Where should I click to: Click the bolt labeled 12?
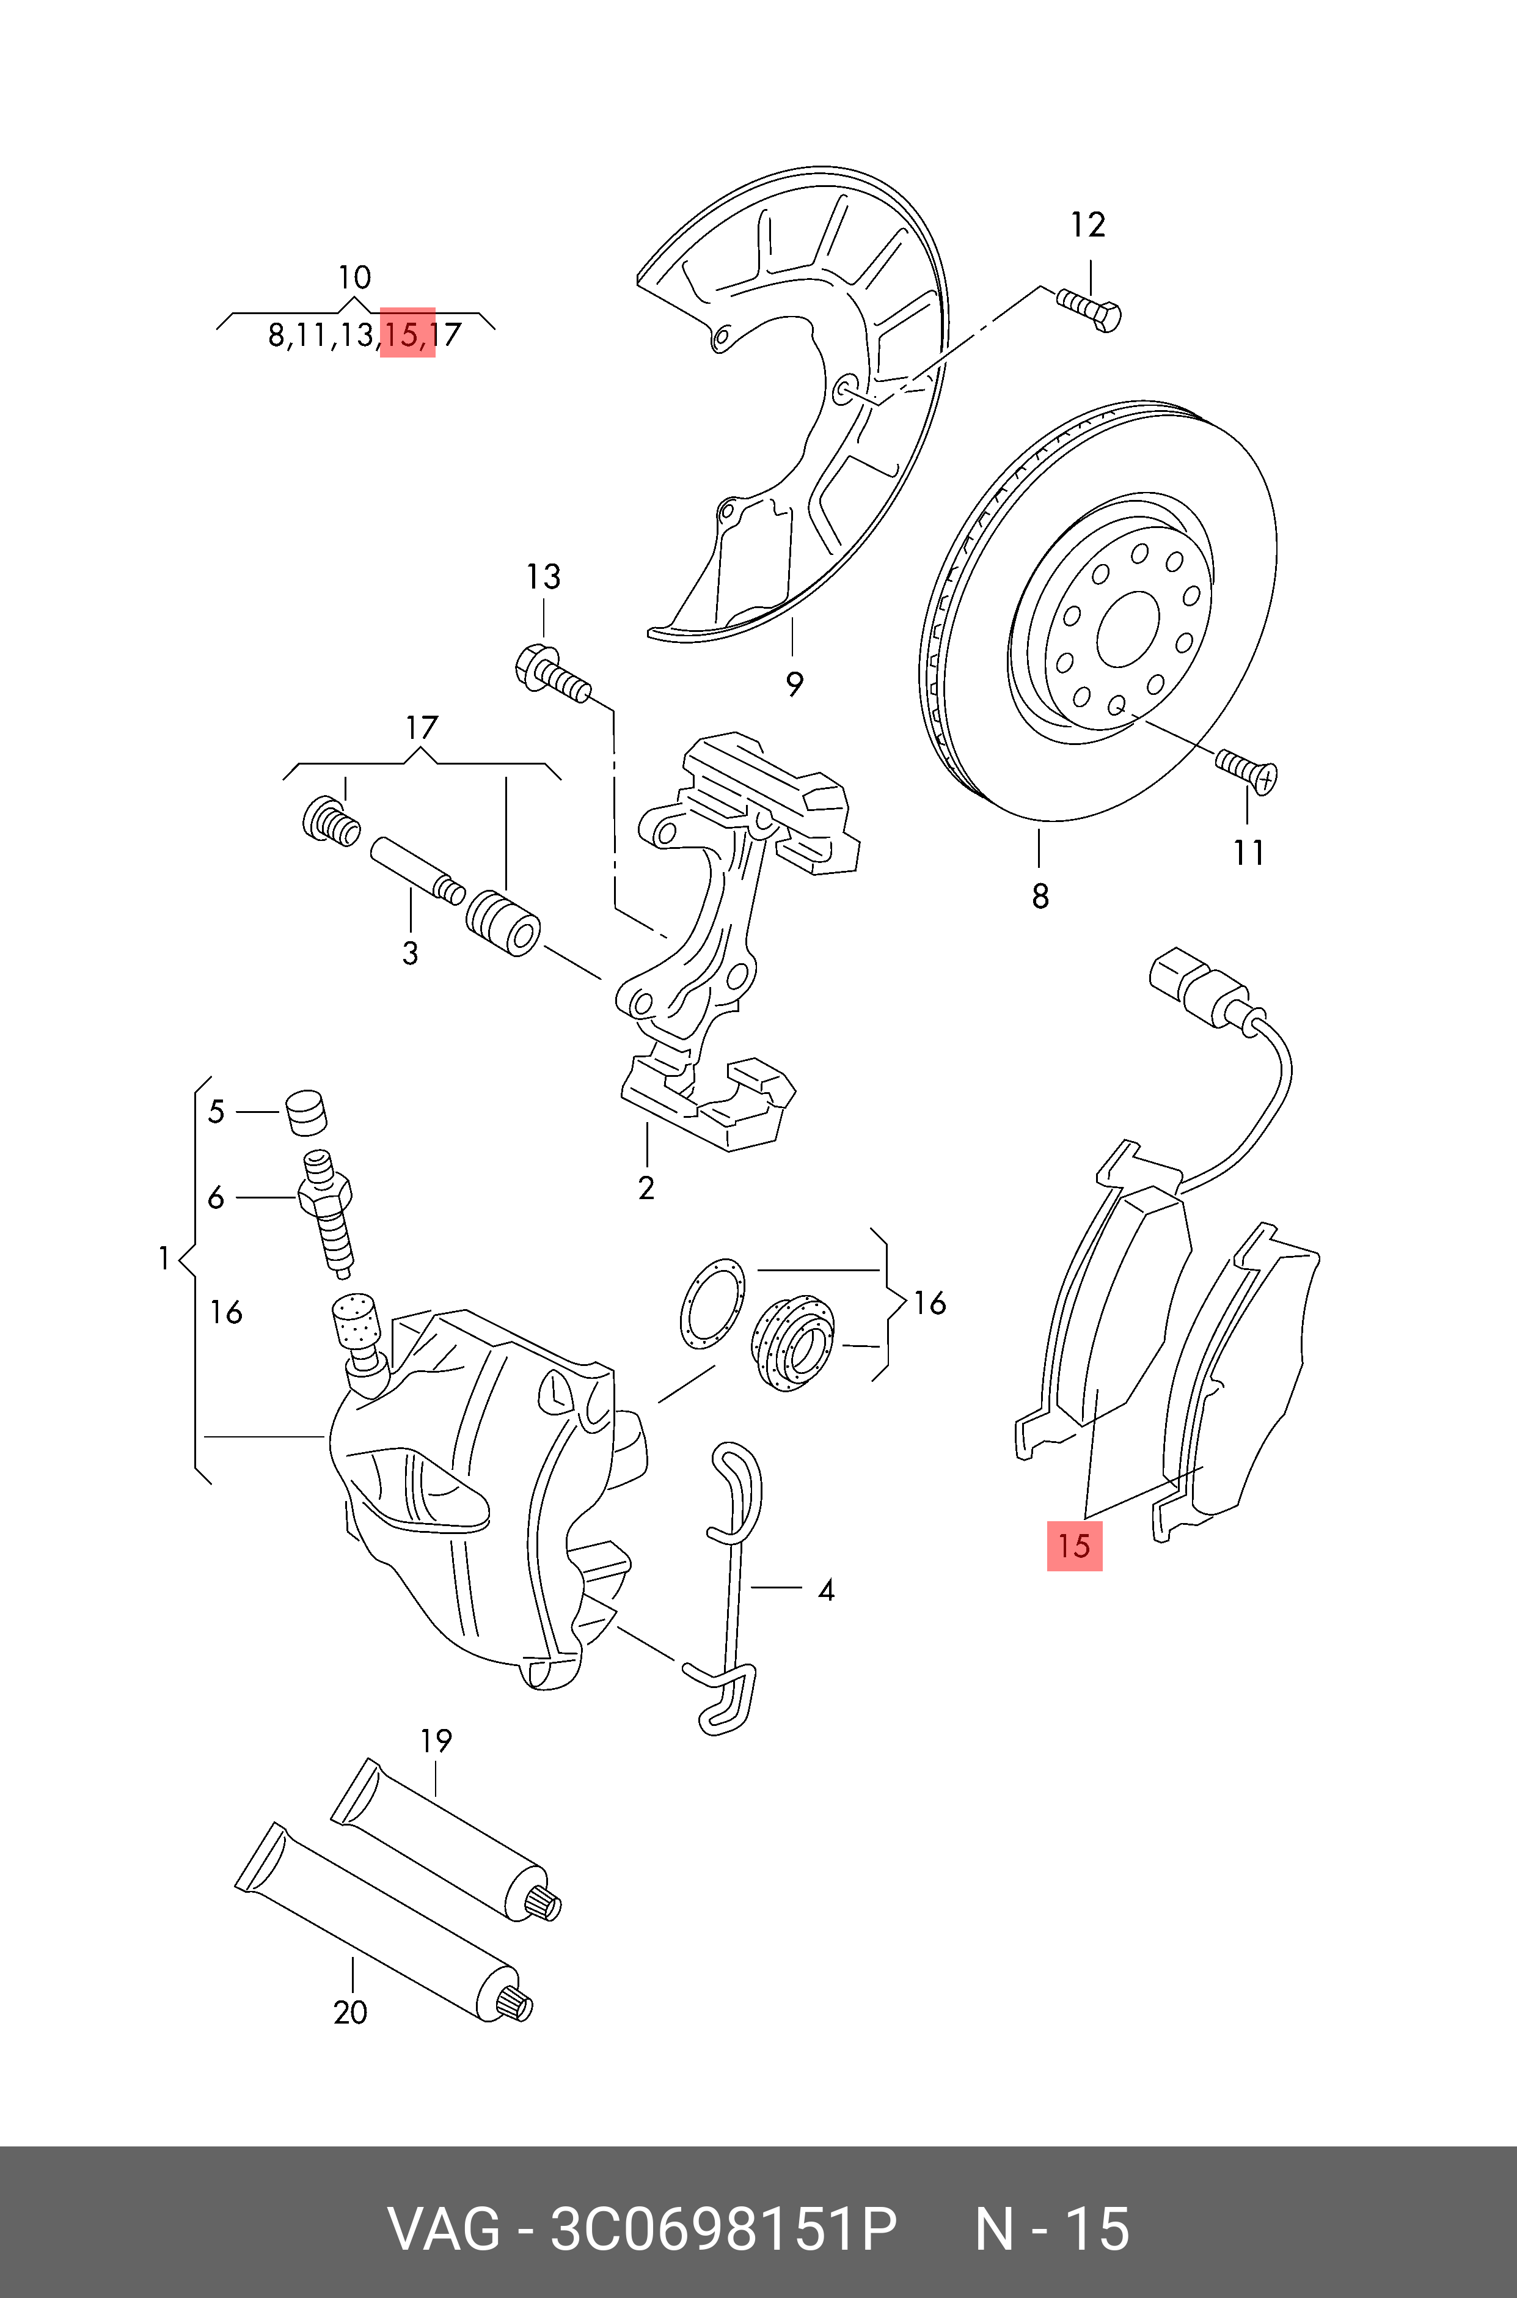(x=1091, y=310)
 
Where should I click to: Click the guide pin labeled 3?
(x=414, y=868)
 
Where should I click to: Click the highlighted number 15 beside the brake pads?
(x=1074, y=1545)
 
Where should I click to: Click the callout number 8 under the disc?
(x=1040, y=897)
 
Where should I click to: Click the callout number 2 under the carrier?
(x=646, y=1188)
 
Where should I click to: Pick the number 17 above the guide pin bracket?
(x=422, y=728)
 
